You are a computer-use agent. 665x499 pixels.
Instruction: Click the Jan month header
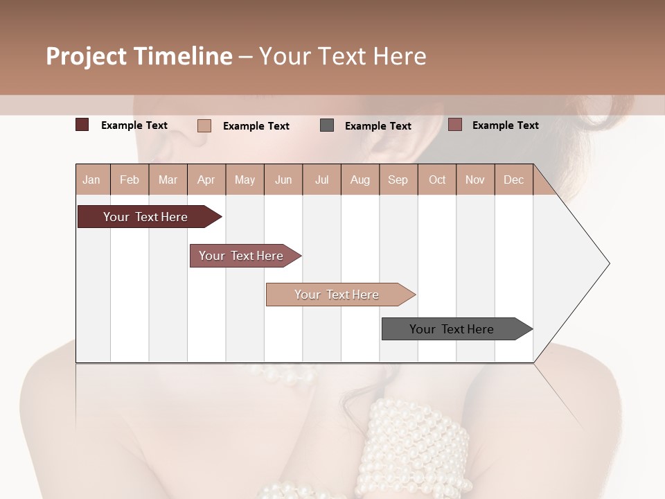[x=91, y=180]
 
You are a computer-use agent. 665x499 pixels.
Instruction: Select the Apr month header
[x=206, y=180]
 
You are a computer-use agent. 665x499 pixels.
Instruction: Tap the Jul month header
[x=321, y=180]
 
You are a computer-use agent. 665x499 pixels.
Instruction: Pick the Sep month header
[x=398, y=180]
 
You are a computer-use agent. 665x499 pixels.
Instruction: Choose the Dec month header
[x=513, y=180]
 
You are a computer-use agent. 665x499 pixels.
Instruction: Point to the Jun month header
[x=283, y=180]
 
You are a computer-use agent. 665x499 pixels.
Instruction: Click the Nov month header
[x=475, y=180]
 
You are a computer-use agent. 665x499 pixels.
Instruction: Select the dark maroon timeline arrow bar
[x=145, y=217]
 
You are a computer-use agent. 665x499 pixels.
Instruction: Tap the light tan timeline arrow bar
[x=337, y=295]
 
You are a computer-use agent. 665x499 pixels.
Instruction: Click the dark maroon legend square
[x=82, y=125]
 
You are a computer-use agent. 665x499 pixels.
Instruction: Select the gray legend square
[x=327, y=125]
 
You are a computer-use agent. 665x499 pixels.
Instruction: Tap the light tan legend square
[x=204, y=125]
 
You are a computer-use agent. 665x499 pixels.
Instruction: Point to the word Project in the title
[x=85, y=56]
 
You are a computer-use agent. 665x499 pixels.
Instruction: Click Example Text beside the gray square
[x=378, y=125]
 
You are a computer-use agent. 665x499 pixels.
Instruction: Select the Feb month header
[x=129, y=180]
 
